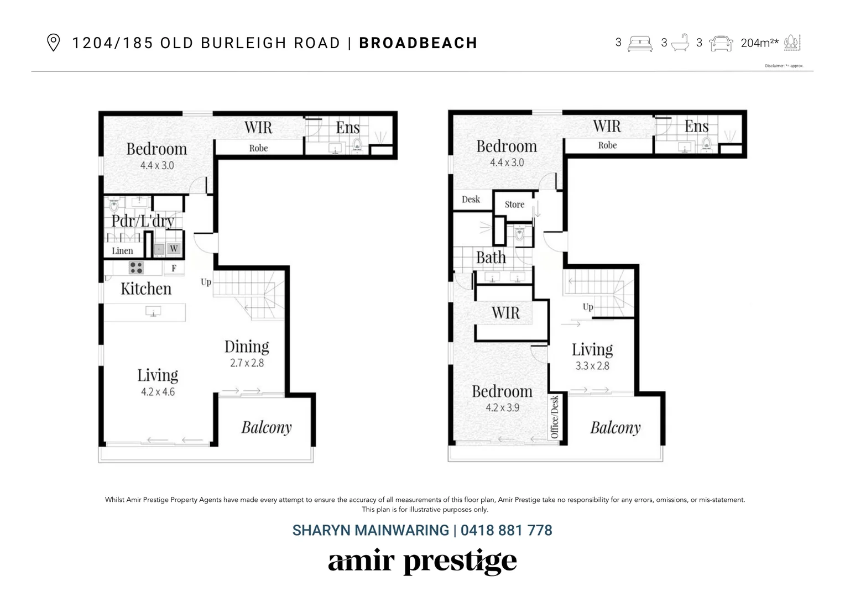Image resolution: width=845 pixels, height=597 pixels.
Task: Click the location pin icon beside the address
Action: pyautogui.click(x=53, y=43)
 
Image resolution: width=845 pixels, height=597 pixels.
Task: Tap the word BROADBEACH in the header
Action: pyautogui.click(x=418, y=43)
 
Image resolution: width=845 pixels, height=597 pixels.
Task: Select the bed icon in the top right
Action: pyautogui.click(x=640, y=43)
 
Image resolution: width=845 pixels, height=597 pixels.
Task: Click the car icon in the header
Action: pyautogui.click(x=721, y=43)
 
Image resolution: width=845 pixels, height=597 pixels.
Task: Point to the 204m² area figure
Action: pyautogui.click(x=759, y=43)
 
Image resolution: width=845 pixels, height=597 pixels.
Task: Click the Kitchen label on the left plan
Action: pyautogui.click(x=146, y=289)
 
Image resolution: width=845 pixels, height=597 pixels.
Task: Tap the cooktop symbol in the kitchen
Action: pyautogui.click(x=136, y=268)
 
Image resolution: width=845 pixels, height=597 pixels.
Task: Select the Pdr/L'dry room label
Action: pyautogui.click(x=143, y=221)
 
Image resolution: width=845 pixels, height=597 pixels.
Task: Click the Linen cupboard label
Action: pyautogui.click(x=122, y=251)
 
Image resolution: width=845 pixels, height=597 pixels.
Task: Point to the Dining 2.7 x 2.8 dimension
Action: pyautogui.click(x=247, y=363)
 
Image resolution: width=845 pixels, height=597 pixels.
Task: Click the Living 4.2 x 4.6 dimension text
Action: pyautogui.click(x=158, y=392)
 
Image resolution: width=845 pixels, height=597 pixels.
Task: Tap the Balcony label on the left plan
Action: pyautogui.click(x=266, y=427)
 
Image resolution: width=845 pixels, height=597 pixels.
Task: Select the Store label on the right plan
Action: pyautogui.click(x=514, y=205)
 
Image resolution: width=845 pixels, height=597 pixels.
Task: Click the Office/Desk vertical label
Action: pyautogui.click(x=555, y=417)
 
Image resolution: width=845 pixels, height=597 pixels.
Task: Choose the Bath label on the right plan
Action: pyautogui.click(x=491, y=258)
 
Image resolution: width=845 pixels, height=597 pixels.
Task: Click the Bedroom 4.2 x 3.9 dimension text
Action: pyautogui.click(x=502, y=408)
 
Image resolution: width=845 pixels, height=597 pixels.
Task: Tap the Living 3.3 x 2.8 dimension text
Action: pyautogui.click(x=592, y=366)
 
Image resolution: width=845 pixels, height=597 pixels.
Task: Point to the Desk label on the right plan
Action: pyautogui.click(x=471, y=200)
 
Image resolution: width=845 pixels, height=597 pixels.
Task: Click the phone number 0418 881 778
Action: pyautogui.click(x=506, y=531)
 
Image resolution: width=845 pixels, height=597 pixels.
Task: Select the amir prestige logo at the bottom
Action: pyautogui.click(x=422, y=562)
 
